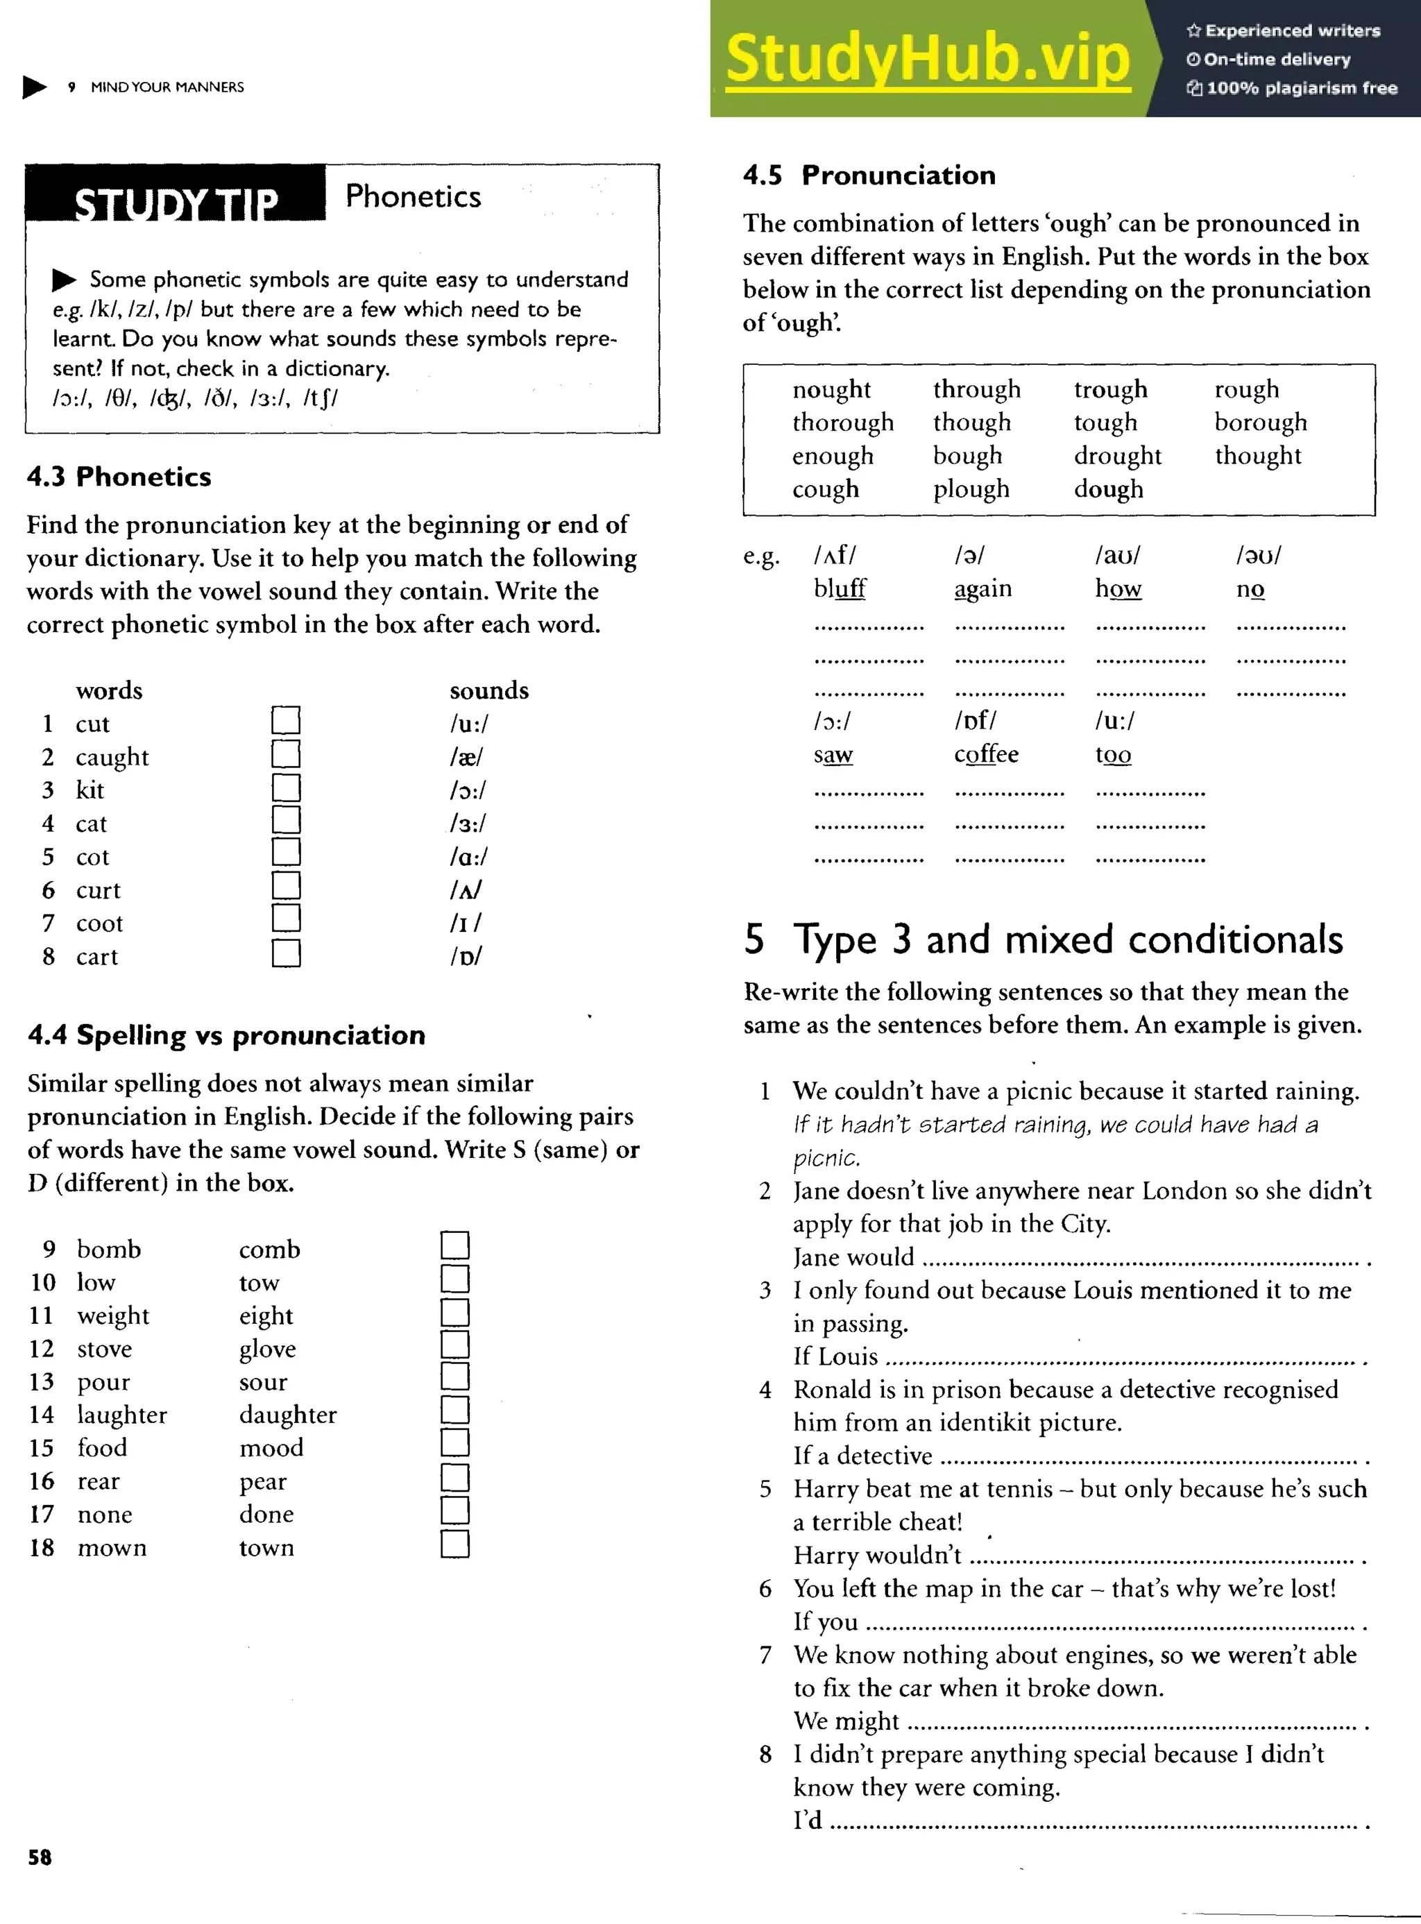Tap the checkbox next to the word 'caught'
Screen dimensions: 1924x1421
[x=286, y=754]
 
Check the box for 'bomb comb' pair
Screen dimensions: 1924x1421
[x=454, y=1245]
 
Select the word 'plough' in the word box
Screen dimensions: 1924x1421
[x=971, y=488]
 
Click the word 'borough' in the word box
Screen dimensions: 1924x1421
[x=1260, y=423]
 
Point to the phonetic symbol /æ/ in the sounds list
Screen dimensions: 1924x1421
[x=466, y=757]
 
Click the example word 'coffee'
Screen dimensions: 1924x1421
[x=986, y=754]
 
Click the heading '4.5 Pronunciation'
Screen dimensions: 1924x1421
[x=869, y=175]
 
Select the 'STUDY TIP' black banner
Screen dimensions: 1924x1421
[x=176, y=198]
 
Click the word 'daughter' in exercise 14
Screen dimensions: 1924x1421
[x=287, y=1415]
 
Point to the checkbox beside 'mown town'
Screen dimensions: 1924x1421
[x=454, y=1544]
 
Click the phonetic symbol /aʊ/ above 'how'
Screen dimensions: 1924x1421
[x=1116, y=556]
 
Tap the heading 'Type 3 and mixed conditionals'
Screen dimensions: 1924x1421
[x=1066, y=939]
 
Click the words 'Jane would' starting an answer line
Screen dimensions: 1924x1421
[x=853, y=1257]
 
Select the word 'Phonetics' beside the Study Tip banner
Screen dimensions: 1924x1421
[x=413, y=196]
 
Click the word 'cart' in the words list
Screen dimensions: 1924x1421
[x=96, y=956]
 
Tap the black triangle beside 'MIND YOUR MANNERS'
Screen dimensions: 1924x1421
[x=35, y=87]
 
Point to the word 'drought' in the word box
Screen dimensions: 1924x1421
[x=1116, y=456]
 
